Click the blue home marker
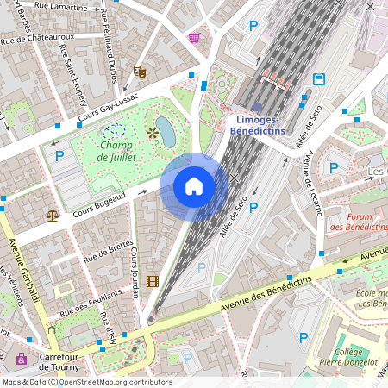coord(194,186)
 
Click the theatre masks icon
coord(140,72)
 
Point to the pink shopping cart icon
coord(194,39)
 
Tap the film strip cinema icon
coord(153,281)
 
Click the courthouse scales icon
coord(53,215)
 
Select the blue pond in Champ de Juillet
coord(165,133)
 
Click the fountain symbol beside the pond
coord(152,133)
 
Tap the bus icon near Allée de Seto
coord(319,79)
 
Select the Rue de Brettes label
coord(108,251)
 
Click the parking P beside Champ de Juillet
coord(59,156)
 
